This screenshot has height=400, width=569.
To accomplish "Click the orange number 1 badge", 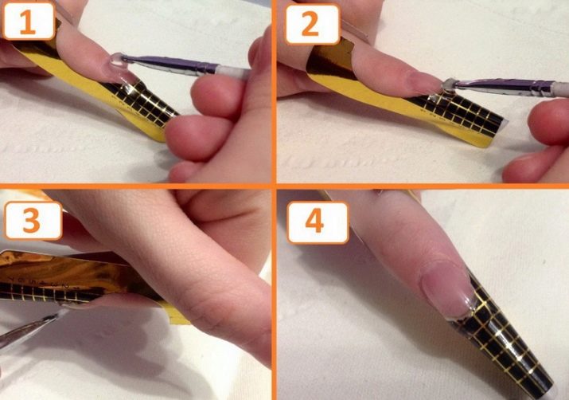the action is coord(28,21).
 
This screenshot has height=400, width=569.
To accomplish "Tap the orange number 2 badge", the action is coord(312,24).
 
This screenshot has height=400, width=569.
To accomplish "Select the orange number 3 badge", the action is coord(33,221).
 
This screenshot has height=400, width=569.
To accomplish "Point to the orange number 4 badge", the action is coord(318,222).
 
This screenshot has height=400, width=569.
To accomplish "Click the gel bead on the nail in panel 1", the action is coord(117,60).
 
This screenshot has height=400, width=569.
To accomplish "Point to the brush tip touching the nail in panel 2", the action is coord(450,85).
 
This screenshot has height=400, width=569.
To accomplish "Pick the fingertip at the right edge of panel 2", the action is coord(548,123).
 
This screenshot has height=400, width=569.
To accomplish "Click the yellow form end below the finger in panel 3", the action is coord(177,313).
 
